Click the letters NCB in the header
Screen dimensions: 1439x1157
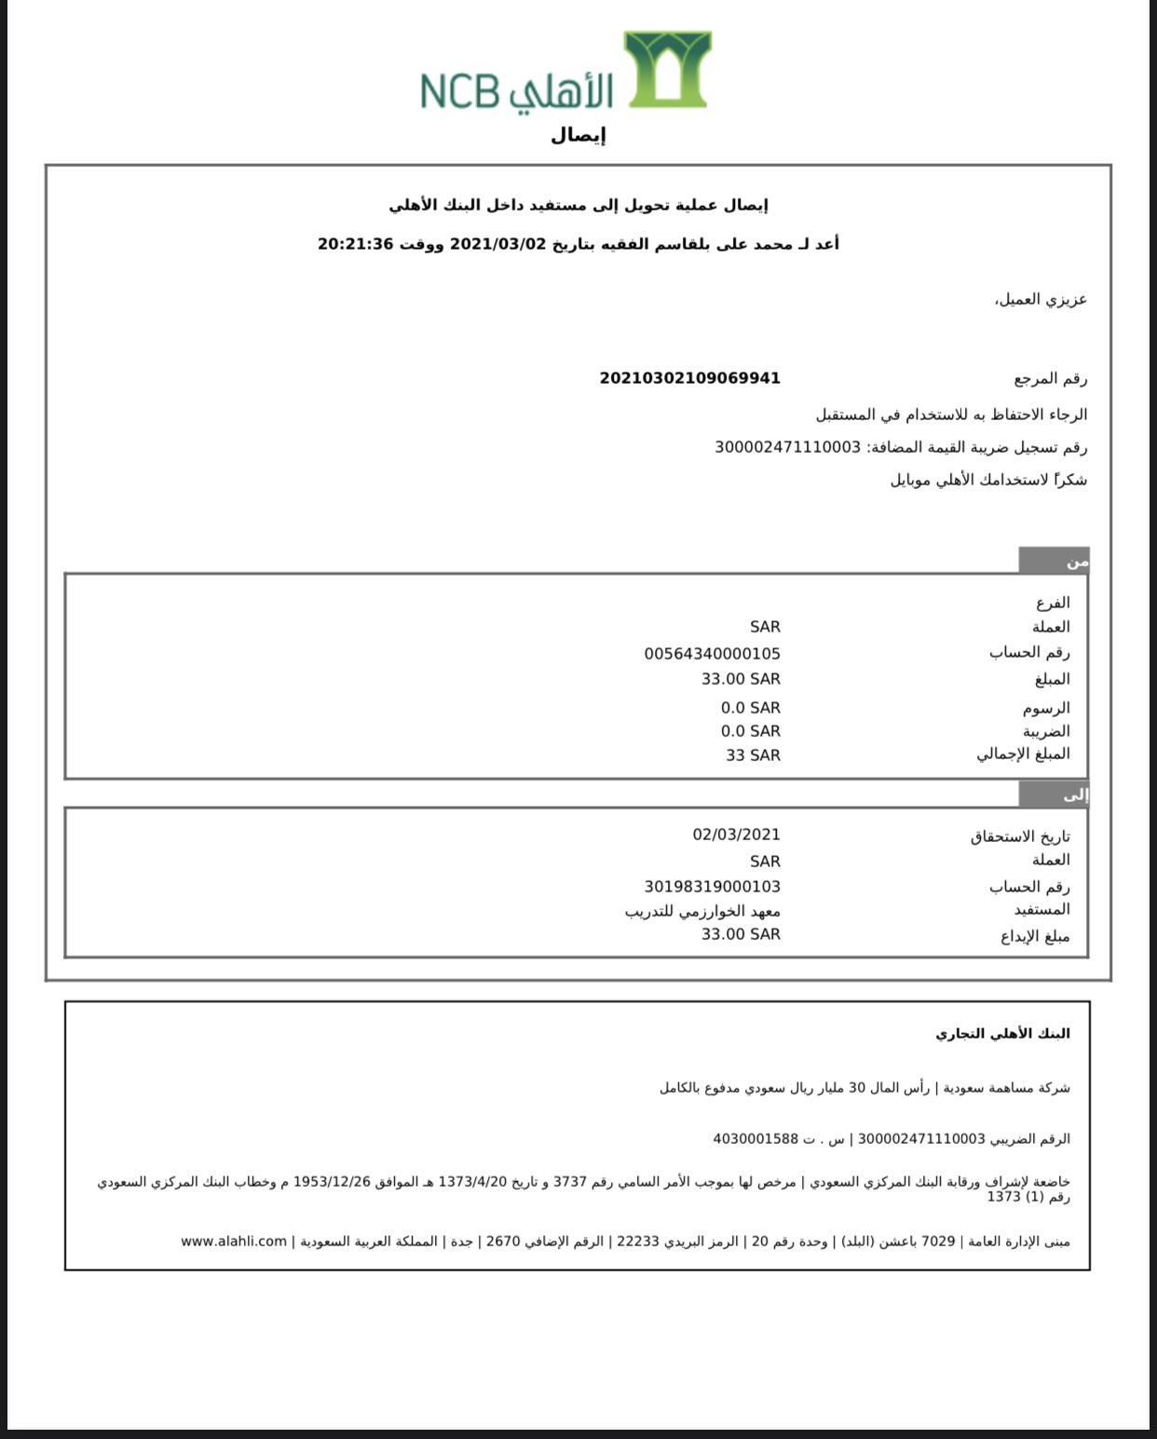(x=460, y=91)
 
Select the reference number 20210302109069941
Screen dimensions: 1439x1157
(x=689, y=378)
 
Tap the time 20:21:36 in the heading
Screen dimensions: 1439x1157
(x=356, y=244)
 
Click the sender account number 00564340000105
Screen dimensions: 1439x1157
(x=712, y=654)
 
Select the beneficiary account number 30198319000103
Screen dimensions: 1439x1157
(x=712, y=887)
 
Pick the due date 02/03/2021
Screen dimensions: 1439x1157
(x=736, y=835)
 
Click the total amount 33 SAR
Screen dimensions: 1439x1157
(x=753, y=755)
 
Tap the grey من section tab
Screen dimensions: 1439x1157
(x=1054, y=561)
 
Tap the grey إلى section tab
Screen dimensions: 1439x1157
(x=1054, y=794)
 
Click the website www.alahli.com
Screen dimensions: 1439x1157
(x=234, y=1242)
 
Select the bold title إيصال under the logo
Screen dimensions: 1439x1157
(x=578, y=136)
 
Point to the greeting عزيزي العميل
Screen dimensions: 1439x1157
(x=1041, y=300)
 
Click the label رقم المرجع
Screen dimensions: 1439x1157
(x=1050, y=378)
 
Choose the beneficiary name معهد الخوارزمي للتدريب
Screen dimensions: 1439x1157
(x=702, y=911)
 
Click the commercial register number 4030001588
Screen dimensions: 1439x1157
(x=755, y=1138)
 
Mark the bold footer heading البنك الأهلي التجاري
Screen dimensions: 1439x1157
(x=1002, y=1034)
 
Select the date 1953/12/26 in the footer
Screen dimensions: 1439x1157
(x=332, y=1182)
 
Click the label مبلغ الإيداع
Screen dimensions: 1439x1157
(x=1035, y=936)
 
